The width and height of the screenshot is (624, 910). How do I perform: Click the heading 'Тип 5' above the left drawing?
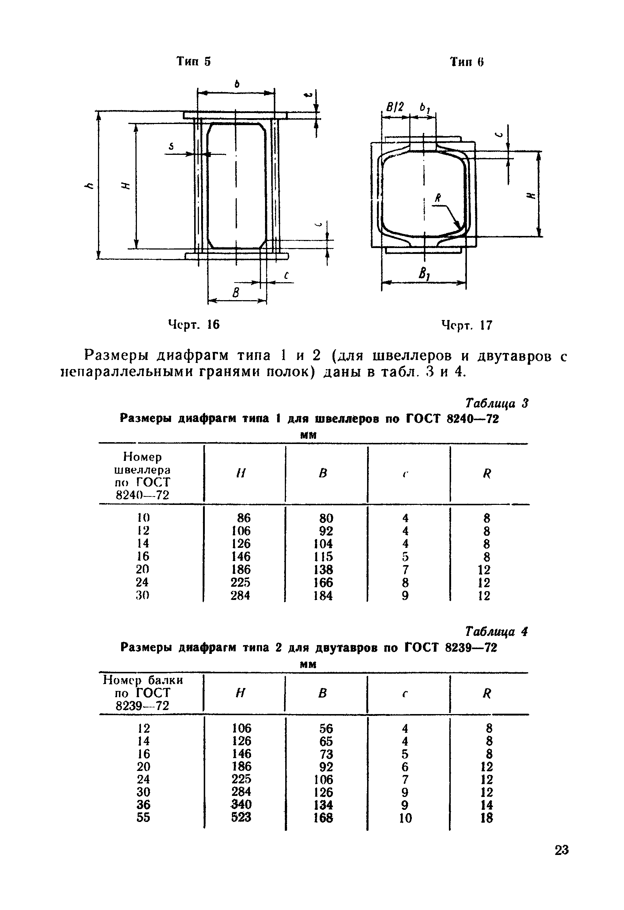tap(193, 62)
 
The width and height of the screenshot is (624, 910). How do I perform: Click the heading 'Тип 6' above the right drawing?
tap(467, 62)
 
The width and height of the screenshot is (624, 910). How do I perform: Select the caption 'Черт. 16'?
tap(193, 324)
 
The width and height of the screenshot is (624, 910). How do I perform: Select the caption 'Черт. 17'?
tap(467, 325)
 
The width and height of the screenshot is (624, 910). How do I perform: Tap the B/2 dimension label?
tap(395, 107)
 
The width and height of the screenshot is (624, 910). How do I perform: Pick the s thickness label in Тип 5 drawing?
tap(171, 146)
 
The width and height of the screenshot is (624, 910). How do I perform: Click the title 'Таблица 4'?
tap(496, 631)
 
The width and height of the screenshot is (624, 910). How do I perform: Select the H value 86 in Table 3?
tap(243, 518)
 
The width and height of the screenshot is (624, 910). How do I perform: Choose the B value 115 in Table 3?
tap(323, 556)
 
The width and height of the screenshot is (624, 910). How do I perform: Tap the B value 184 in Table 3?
tap(323, 596)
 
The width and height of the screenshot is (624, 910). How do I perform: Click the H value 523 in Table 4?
tap(241, 817)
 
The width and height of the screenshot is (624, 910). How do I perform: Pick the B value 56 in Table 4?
tap(326, 728)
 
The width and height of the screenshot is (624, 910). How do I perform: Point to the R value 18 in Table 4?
tap(486, 818)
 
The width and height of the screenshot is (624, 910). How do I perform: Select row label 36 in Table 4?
tap(144, 804)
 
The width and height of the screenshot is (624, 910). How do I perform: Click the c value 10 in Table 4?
tap(406, 818)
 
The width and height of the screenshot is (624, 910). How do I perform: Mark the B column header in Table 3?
tap(323, 473)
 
